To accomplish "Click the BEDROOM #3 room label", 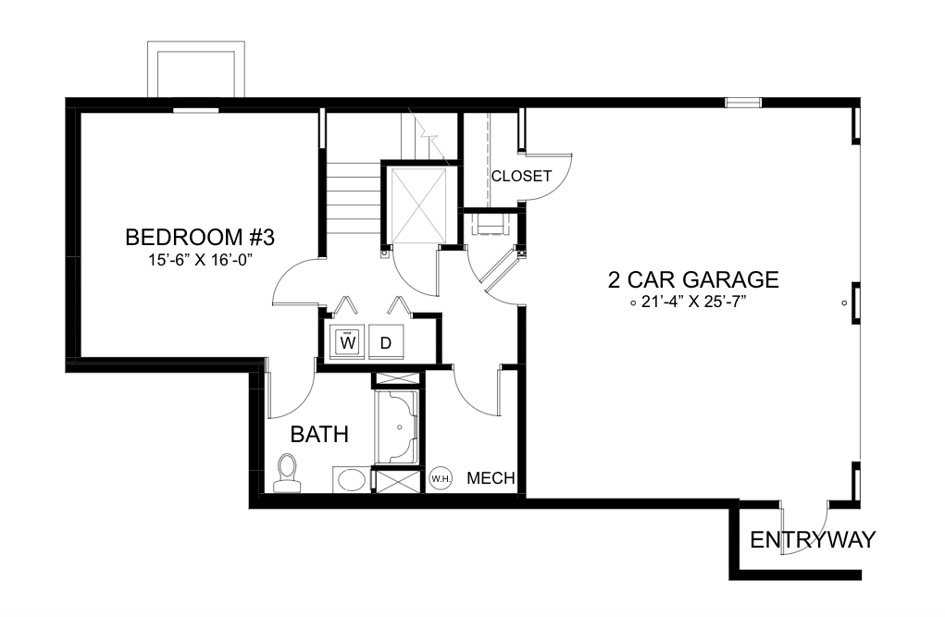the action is coord(200,238).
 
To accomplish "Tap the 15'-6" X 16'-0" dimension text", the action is coord(200,260).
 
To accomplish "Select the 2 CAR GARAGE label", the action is coord(693,279).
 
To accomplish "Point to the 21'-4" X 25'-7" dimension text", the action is coord(693,302).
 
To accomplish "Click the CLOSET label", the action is coord(521,176).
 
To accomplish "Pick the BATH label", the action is coord(319,435).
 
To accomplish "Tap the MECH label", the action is coord(491,478).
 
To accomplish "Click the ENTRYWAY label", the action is coord(813,539).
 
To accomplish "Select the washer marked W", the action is coord(348,343).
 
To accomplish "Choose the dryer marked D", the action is coord(386,343).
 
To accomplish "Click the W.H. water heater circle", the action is coord(441,478).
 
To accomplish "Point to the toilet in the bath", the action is coord(288,474).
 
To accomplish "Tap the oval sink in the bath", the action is coord(352,481).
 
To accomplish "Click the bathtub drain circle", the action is coord(399,427).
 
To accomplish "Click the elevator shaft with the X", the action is coord(419,206).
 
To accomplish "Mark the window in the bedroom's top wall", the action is coord(196,110).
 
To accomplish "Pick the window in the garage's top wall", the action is coord(743,103).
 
